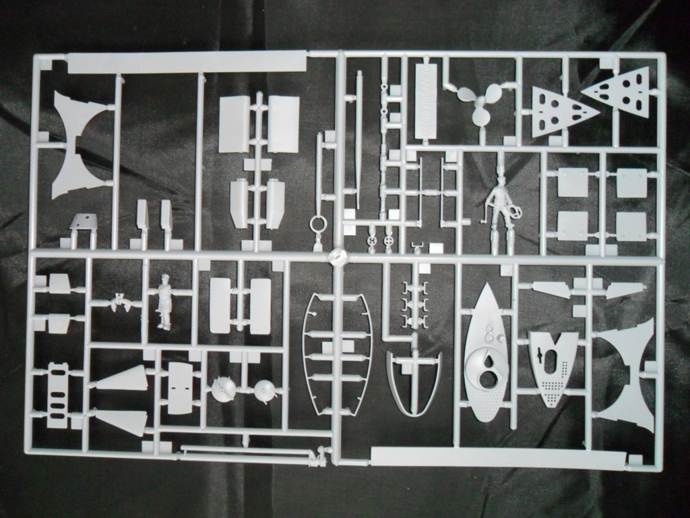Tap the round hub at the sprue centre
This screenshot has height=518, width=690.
(337, 256)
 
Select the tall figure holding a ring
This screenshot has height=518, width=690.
(499, 206)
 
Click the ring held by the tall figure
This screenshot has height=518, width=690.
(515, 212)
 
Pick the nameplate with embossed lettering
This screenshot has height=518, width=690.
(427, 101)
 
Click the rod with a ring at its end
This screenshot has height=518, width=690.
(318, 196)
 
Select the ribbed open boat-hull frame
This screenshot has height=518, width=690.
(337, 354)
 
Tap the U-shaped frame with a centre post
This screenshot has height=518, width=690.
(413, 381)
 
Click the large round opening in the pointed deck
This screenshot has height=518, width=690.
(488, 370)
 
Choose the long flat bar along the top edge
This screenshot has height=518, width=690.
(187, 63)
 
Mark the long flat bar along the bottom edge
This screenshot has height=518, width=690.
(502, 457)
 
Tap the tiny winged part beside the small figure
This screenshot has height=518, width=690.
(122, 304)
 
